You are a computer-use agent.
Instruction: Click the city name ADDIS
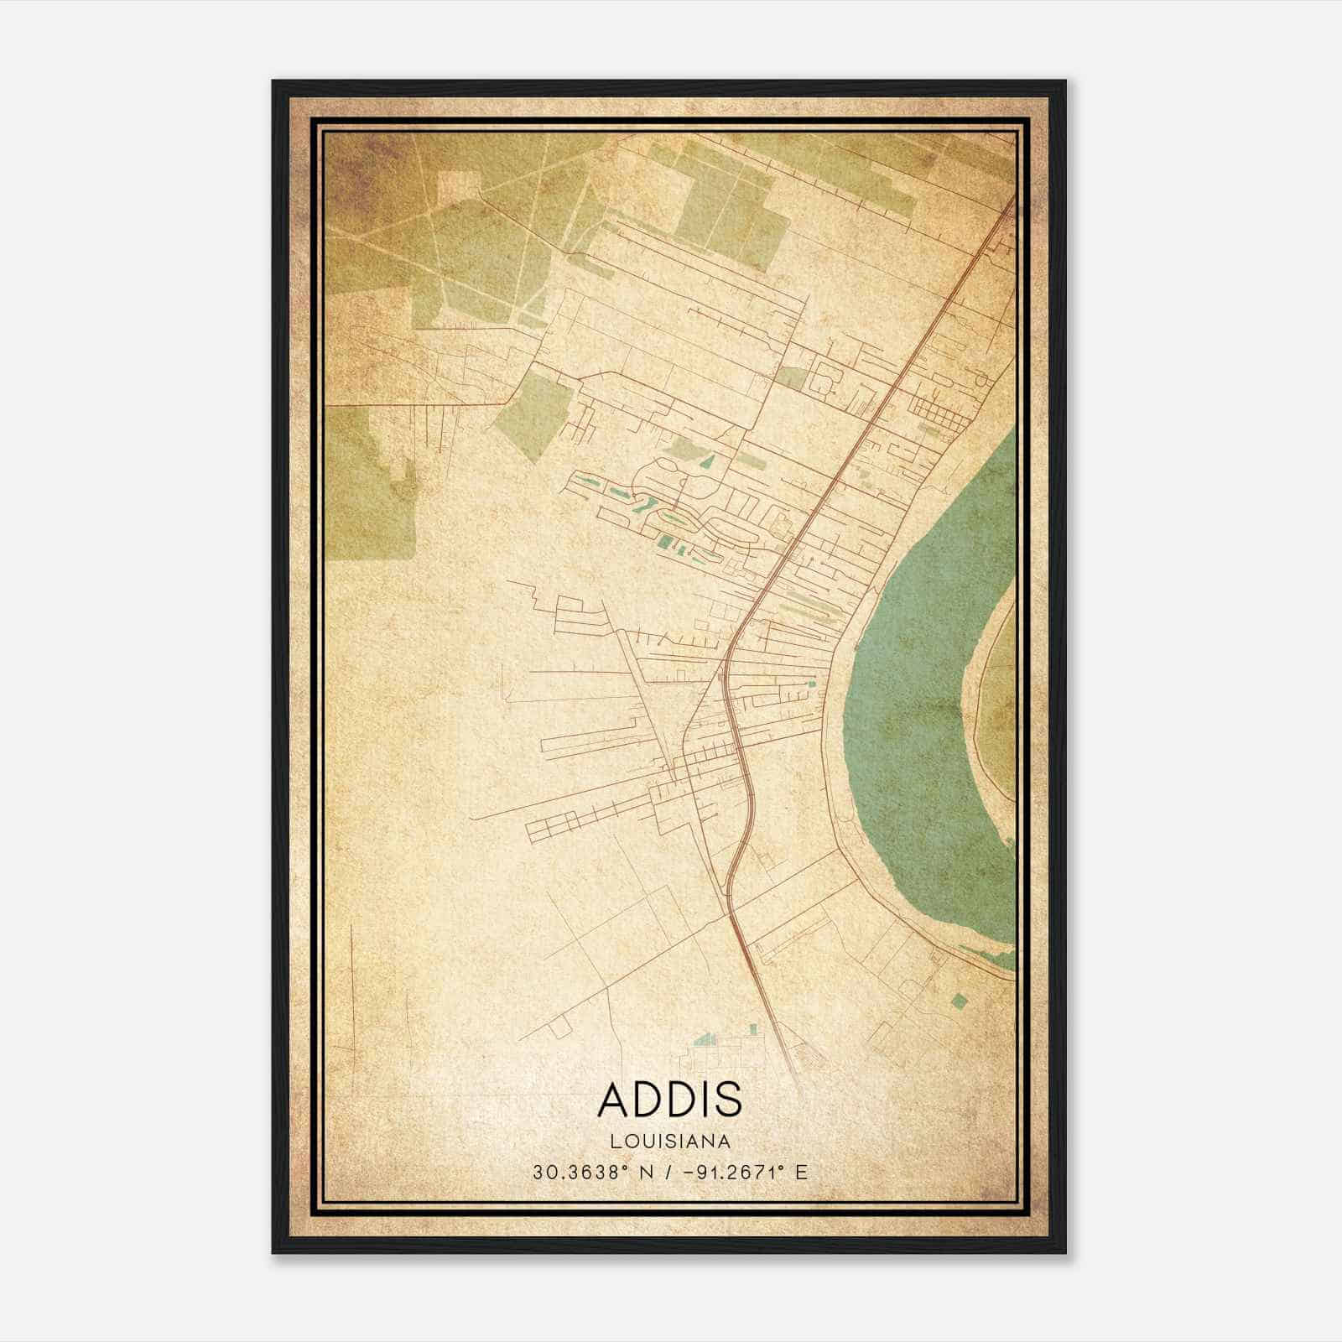pyautogui.click(x=670, y=1099)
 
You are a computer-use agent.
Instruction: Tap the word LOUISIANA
pyautogui.click(x=670, y=1142)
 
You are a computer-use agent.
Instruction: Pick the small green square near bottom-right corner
pyautogui.click(x=960, y=999)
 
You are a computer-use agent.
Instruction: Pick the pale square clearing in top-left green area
pyautogui.click(x=455, y=189)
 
